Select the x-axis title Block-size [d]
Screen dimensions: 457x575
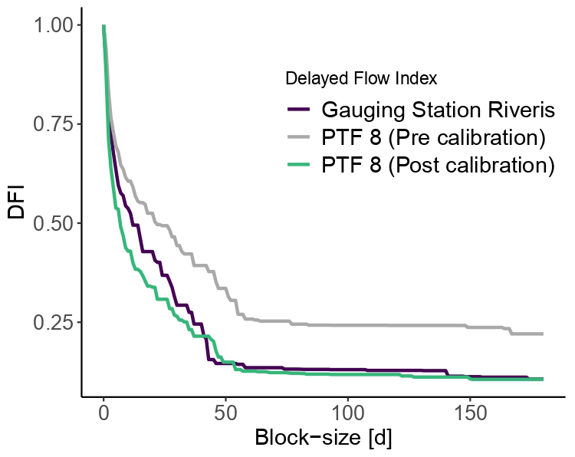pyautogui.click(x=323, y=440)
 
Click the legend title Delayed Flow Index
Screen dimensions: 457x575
pyautogui.click(x=361, y=78)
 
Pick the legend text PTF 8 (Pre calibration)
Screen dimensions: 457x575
pyautogui.click(x=434, y=138)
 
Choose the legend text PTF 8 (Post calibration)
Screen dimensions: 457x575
pyautogui.click(x=438, y=166)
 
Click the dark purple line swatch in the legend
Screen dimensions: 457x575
pyautogui.click(x=297, y=110)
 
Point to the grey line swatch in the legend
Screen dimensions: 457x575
pyautogui.click(x=297, y=138)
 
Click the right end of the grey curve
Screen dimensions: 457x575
pyautogui.click(x=542, y=334)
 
